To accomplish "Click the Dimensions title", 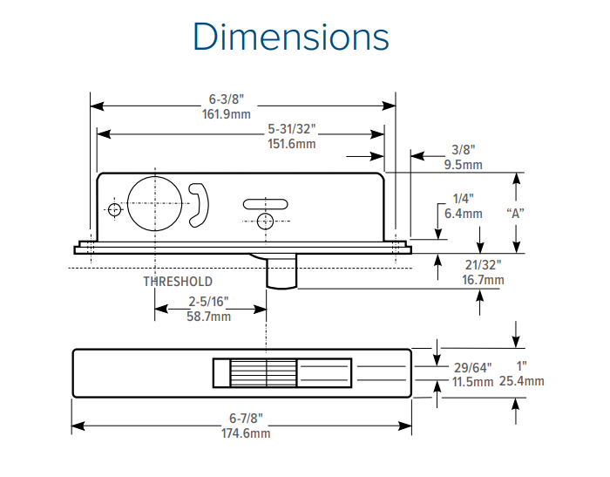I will point(291,37).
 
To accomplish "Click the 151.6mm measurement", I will point(291,144).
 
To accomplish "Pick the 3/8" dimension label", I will point(463,150).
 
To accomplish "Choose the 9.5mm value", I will point(463,165).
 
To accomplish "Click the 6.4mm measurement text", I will point(463,214).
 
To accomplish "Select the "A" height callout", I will point(515,213).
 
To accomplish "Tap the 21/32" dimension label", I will point(482,265).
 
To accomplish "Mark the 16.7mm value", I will point(482,280).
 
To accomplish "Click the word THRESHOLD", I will point(178,282).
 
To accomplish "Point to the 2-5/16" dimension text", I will point(209,302).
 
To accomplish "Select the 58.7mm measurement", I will point(209,317).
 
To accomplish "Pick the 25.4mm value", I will point(522,381).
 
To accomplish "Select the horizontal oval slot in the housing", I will point(267,204).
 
